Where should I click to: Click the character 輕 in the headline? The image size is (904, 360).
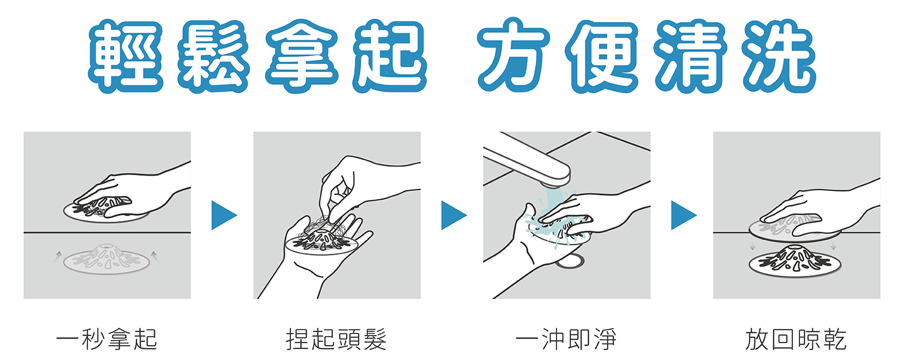125,56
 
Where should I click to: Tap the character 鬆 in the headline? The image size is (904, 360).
214,56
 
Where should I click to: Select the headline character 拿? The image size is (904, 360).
302,56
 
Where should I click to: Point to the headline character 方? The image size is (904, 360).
514,55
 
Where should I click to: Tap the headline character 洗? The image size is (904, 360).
779,56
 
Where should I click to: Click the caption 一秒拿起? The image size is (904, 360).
107,339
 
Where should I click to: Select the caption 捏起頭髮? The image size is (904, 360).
337,339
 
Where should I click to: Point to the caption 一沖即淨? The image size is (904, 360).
566,339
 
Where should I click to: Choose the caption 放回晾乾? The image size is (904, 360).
796,339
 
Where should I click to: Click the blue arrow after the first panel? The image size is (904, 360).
224,215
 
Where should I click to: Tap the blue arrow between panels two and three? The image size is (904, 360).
454,215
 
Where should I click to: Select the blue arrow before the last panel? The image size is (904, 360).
684,215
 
